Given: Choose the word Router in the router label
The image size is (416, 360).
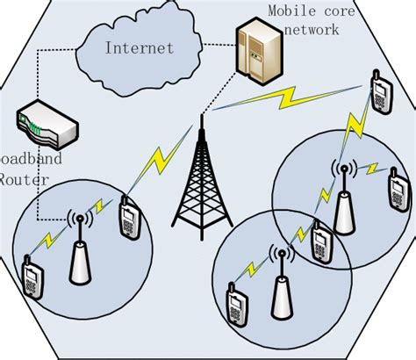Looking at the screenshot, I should tap(16, 180).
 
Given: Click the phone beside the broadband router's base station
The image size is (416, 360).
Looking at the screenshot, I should tap(130, 220).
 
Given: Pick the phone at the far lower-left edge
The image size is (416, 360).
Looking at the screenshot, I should tap(32, 278).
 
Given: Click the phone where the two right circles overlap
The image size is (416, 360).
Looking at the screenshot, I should tap(322, 246).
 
